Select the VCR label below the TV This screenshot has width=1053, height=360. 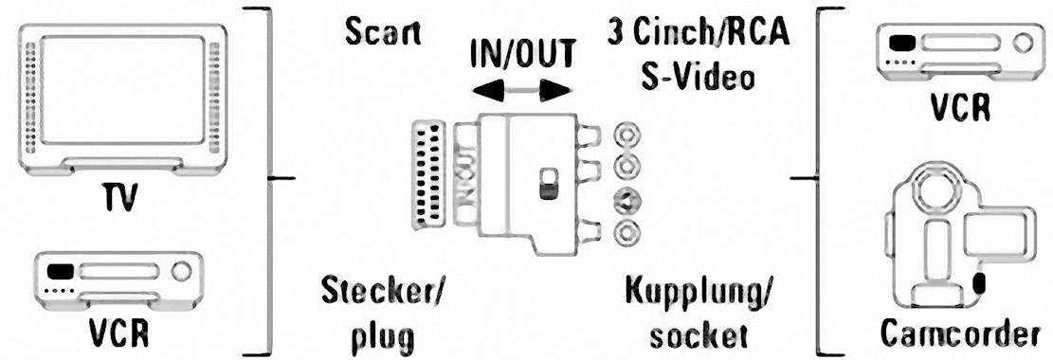click(119, 336)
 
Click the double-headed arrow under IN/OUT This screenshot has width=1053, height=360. click(523, 92)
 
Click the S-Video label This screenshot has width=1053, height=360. click(697, 75)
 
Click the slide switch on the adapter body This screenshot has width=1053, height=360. click(547, 184)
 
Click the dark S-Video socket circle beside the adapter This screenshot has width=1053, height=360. click(626, 199)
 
